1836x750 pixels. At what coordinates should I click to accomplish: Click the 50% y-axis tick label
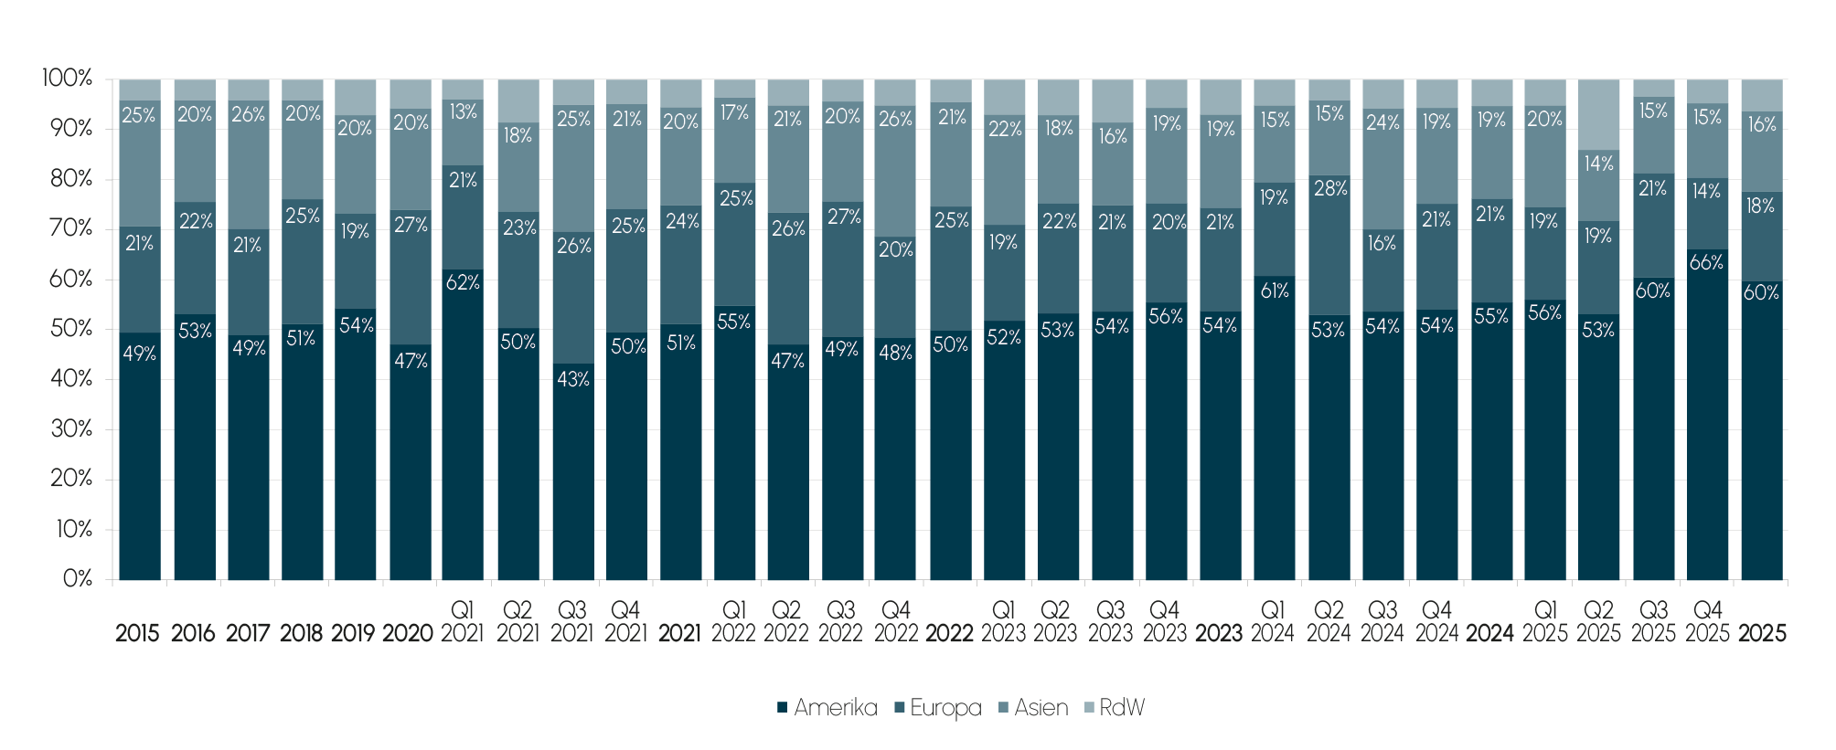click(x=71, y=329)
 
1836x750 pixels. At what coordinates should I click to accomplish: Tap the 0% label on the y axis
click(x=77, y=579)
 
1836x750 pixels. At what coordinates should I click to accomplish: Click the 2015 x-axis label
click(x=138, y=633)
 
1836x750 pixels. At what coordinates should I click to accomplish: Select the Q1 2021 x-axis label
click(x=463, y=621)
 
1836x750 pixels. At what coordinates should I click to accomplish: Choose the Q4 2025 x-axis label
click(x=1707, y=621)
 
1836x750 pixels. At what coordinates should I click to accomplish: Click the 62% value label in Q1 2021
click(x=463, y=282)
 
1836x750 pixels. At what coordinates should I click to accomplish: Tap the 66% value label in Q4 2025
click(x=1706, y=263)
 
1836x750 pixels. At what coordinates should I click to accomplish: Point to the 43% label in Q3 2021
click(x=573, y=379)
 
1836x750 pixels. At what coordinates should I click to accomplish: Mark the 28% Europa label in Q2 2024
click(x=1329, y=189)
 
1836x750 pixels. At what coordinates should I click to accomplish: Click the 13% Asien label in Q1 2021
click(x=463, y=111)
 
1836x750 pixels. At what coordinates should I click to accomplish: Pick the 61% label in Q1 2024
click(x=1275, y=291)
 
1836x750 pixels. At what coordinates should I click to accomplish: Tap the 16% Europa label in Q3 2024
click(x=1382, y=244)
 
